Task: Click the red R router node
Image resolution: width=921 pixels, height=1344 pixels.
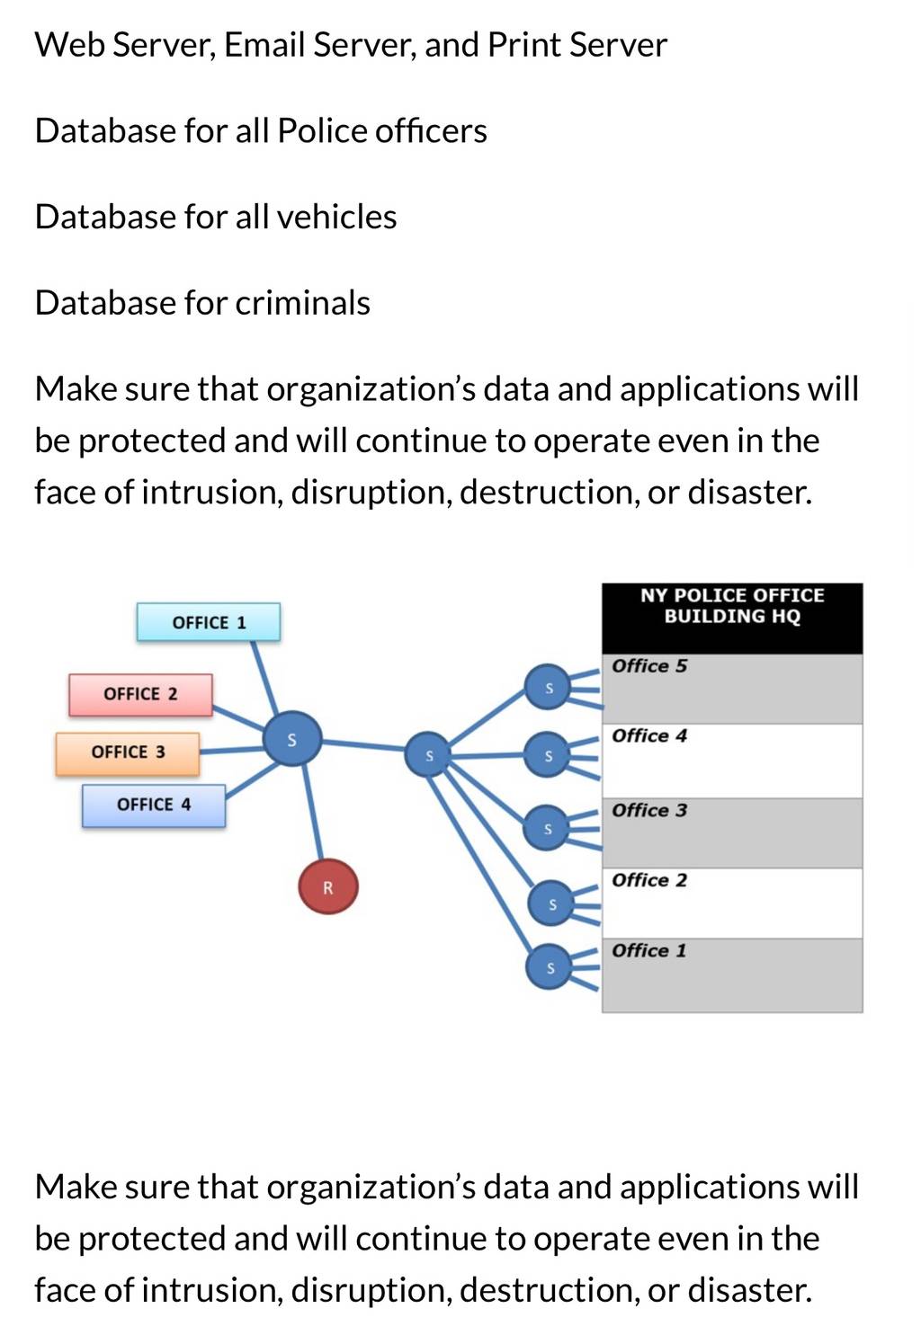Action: [x=327, y=886]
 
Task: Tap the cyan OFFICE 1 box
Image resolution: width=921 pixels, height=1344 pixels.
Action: [x=209, y=622]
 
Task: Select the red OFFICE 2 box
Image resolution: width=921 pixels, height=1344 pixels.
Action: [x=140, y=694]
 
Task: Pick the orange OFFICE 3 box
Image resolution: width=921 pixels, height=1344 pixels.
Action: [x=128, y=753]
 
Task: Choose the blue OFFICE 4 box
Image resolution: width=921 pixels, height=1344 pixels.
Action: [x=154, y=806]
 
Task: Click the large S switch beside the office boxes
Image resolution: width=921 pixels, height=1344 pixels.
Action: [x=292, y=739]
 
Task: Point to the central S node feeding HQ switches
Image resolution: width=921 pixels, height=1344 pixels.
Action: [x=428, y=754]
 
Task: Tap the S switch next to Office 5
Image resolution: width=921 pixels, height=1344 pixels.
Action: [x=548, y=687]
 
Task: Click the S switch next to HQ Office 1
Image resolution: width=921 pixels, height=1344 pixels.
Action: [x=550, y=966]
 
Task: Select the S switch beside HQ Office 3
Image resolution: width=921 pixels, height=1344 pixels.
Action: [x=547, y=828]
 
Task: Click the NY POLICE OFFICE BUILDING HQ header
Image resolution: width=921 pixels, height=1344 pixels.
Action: [x=732, y=618]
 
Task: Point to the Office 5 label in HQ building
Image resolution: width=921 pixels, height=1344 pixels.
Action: [x=649, y=666]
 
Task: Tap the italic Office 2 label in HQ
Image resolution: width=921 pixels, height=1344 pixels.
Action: [x=649, y=880]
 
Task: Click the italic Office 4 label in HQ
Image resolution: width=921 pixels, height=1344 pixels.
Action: [x=649, y=735]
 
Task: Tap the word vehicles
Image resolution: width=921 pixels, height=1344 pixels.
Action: [x=336, y=217]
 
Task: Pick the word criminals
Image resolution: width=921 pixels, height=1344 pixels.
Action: [x=302, y=302]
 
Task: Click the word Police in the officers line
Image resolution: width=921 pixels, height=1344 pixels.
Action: [x=322, y=130]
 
